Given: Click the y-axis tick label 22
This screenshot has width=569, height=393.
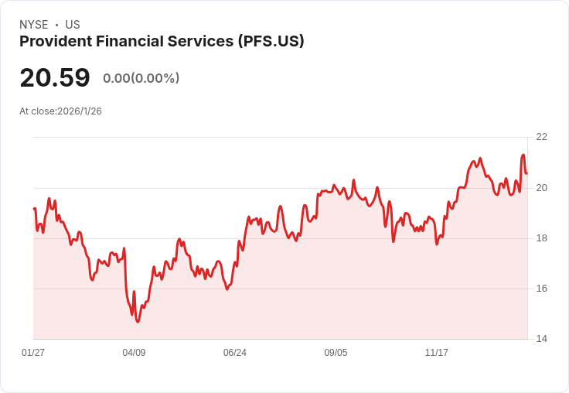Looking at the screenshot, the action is (541, 137).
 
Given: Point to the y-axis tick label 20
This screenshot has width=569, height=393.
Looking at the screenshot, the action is (541, 188).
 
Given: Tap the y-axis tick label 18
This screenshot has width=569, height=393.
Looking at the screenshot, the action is (541, 238).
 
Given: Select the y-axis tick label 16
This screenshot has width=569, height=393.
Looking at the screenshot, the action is (541, 289).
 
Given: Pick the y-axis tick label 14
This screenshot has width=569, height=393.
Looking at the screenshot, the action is (541, 339).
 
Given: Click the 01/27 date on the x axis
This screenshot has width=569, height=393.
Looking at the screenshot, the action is (33, 352).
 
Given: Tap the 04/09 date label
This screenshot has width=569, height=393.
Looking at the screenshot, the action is (134, 352).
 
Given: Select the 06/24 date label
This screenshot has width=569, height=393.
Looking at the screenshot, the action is (235, 352).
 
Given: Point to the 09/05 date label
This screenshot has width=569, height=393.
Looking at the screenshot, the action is (336, 352).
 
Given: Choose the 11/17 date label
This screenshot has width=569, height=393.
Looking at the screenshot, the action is (437, 352).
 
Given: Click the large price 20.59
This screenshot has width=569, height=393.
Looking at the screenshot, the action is (55, 77).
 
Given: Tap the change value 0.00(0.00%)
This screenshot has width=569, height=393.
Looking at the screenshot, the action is (141, 78).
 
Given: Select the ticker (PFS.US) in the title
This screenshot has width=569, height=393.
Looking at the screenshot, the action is (271, 42).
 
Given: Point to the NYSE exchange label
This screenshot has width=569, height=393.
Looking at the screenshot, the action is (34, 25).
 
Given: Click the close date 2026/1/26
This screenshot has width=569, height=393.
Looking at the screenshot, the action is (80, 111).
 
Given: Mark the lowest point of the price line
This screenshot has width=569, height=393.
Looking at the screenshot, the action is (138, 322).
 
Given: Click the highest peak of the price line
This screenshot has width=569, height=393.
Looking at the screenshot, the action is (523, 155).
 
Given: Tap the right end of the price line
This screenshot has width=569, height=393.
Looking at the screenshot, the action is (527, 173).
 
